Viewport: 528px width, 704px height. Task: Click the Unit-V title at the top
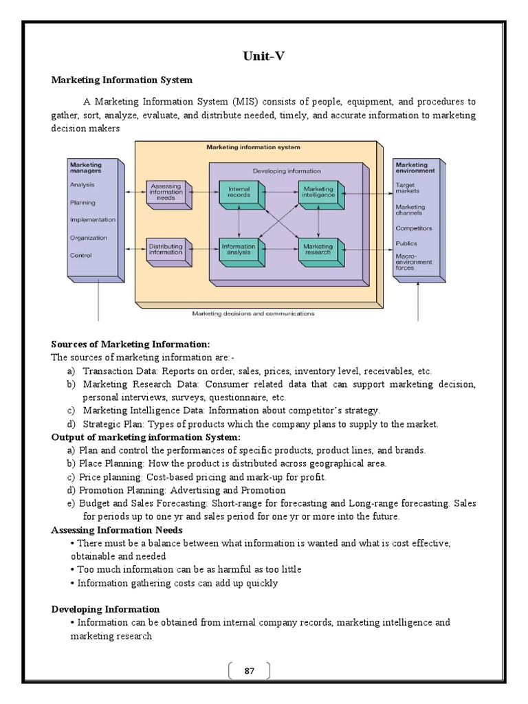[x=263, y=56]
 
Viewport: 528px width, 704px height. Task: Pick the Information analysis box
[x=238, y=250]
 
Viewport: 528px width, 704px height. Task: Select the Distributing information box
[x=166, y=247]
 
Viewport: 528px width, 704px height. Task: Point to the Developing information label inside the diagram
[x=287, y=170]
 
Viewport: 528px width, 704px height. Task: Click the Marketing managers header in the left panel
[x=86, y=167]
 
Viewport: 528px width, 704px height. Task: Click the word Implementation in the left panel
[x=92, y=220]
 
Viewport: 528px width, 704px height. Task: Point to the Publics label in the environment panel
[x=406, y=243]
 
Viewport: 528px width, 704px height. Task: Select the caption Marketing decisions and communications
[x=253, y=313]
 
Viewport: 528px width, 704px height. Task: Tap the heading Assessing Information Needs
[x=116, y=530]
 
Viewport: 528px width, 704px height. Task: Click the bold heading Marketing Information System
[x=122, y=80]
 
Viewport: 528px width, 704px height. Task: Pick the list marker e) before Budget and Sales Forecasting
[x=71, y=503]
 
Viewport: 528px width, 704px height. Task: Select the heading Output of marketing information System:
[x=146, y=437]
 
